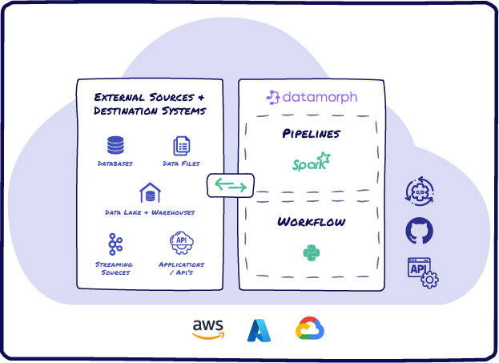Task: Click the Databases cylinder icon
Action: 116,145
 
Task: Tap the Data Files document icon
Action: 182,145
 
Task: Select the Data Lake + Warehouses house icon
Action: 150,193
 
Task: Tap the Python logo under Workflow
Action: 312,253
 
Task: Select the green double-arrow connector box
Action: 231,186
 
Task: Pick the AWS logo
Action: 208,329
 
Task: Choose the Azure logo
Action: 260,329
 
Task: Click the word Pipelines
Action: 312,133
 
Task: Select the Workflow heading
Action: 312,221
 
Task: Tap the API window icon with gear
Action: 422,272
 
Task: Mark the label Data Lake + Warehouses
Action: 150,212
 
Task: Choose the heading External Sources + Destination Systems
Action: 149,103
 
